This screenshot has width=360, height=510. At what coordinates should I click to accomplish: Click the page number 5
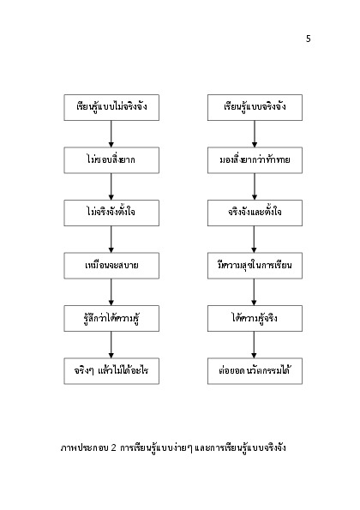[309, 39]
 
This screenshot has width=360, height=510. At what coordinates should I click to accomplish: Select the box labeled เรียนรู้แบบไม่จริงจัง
[111, 108]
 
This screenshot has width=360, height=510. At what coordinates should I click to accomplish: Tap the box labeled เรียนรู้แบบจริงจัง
[255, 108]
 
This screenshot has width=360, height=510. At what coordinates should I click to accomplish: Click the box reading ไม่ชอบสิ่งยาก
[111, 160]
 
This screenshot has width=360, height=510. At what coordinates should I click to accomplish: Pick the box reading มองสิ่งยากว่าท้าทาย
[255, 160]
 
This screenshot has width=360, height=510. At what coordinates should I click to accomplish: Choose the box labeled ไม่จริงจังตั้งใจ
[111, 213]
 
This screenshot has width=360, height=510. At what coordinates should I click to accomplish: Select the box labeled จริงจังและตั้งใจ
[255, 213]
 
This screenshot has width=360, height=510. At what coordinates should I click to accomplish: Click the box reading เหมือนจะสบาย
[111, 266]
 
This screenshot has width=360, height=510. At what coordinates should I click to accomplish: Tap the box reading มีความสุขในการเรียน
[255, 266]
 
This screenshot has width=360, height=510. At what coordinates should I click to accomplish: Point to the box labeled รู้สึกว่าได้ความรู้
[111, 318]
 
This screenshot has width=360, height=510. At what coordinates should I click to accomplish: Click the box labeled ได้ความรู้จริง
[255, 318]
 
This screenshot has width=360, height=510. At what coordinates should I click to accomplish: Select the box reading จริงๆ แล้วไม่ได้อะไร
[111, 371]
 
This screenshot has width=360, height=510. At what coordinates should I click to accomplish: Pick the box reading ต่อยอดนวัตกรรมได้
[255, 371]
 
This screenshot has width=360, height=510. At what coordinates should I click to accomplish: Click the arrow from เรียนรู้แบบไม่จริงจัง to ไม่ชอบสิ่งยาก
[111, 134]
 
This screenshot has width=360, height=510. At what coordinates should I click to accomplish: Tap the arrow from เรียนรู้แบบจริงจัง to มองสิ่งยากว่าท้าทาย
[255, 134]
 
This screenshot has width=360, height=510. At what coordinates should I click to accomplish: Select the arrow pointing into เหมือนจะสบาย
[111, 239]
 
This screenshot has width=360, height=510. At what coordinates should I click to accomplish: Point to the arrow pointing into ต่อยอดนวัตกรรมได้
[254, 345]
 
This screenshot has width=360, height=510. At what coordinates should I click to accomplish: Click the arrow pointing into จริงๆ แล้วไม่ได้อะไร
[111, 345]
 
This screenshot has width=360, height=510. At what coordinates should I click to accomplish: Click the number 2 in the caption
[113, 448]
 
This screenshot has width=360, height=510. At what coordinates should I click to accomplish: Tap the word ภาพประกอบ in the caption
[85, 448]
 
